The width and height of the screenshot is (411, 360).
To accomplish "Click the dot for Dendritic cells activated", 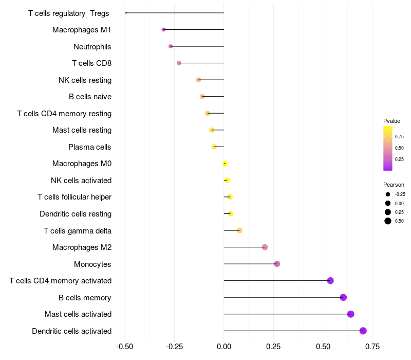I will coord(363,331).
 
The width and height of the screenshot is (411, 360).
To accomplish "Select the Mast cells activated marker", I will coord(351,314).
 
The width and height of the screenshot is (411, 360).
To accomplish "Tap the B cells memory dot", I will coord(343,297).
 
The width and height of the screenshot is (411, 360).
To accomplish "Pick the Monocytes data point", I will coord(277,264).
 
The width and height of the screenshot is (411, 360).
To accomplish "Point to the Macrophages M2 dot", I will coord(265,247).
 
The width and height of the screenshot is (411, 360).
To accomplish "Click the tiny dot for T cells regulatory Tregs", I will coord(126,13).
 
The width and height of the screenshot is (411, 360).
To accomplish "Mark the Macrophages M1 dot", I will coord(163,30).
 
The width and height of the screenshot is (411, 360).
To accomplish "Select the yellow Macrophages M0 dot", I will coord(225,164).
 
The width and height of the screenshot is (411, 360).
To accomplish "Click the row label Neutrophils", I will coord(92,47).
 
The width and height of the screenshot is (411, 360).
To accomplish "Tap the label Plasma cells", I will coord(90,147).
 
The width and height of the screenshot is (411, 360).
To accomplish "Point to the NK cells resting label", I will coord(85,80).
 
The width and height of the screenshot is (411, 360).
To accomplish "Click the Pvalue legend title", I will coord(391,121).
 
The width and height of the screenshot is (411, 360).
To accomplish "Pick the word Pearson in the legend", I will coord(394,185).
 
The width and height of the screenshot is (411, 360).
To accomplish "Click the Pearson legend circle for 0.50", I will coord(388,221).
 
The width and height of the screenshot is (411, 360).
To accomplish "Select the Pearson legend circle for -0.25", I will coord(388,194).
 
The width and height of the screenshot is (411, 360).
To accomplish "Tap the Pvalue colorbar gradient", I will coord(388,148).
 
